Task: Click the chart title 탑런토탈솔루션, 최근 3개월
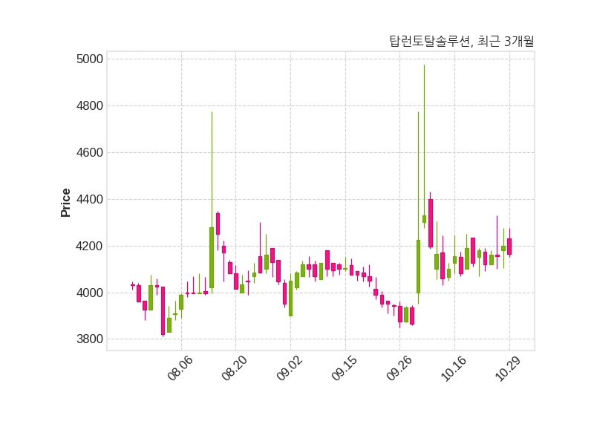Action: [461, 42]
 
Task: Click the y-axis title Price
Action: [66, 203]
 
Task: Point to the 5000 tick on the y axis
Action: [90, 59]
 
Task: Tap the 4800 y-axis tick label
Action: [90, 106]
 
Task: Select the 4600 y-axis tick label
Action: [90, 153]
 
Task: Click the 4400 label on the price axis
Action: [90, 200]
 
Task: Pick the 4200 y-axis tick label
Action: [90, 247]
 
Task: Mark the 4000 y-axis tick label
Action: [90, 293]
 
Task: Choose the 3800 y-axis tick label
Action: [90, 340]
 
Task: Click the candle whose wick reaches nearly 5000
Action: [424, 218]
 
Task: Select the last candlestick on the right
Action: [509, 247]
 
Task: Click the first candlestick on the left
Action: [133, 285]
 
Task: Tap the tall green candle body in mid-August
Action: [212, 257]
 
